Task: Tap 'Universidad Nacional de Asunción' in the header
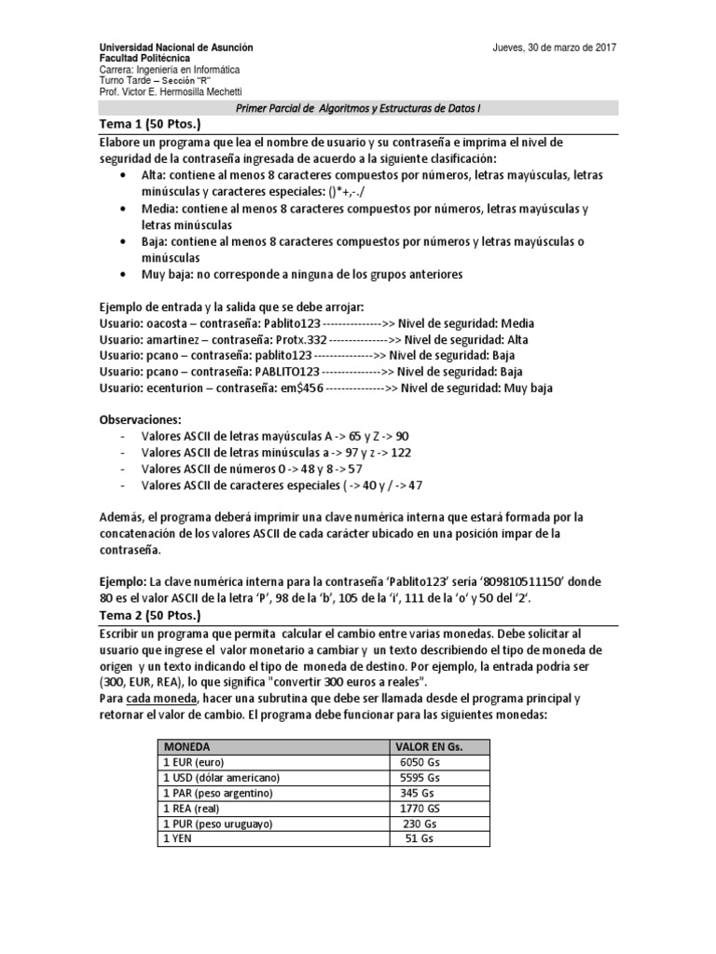coord(175,48)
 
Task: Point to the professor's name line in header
coord(171,91)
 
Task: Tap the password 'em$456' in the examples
coord(301,388)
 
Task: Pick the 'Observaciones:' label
coord(140,419)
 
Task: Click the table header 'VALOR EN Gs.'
coord(430,747)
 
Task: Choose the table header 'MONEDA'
coord(186,747)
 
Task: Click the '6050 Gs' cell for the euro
coord(419,763)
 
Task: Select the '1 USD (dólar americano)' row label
coord(221,778)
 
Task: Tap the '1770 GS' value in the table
coord(419,809)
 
